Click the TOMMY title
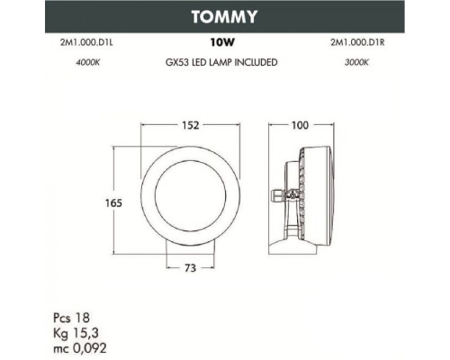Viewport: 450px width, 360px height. coord(224,15)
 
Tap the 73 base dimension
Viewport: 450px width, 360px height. coord(191,268)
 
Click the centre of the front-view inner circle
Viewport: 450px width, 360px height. coord(189,202)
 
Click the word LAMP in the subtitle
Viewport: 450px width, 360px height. coord(219,63)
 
